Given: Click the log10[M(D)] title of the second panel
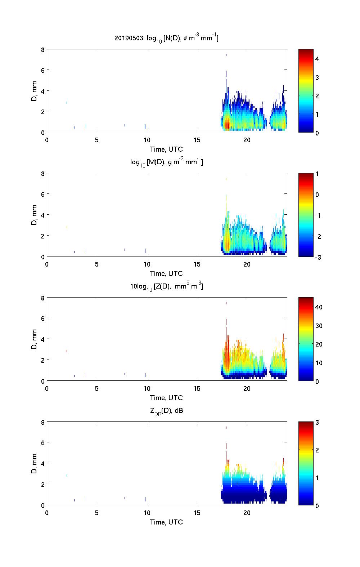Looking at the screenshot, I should click(x=166, y=162).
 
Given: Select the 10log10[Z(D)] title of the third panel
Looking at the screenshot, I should click(x=166, y=286).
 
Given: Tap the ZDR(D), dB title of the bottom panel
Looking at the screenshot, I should click(x=166, y=411).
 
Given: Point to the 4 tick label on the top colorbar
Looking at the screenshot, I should click(x=317, y=59).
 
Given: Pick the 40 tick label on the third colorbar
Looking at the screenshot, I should click(x=319, y=307).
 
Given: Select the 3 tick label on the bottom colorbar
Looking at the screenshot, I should click(x=317, y=423).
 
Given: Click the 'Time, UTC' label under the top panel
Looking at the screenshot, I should click(x=166, y=149).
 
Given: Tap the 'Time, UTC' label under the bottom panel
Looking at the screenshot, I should click(x=166, y=522).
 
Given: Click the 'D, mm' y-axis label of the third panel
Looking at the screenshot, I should click(x=35, y=339).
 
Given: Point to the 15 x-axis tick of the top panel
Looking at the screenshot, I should click(x=197, y=140).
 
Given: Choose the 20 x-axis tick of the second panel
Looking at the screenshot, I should click(x=247, y=264).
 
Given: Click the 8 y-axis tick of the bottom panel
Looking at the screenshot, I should click(x=42, y=422).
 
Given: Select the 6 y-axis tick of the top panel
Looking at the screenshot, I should click(x=42, y=70).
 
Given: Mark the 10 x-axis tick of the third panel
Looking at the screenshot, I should click(x=147, y=389).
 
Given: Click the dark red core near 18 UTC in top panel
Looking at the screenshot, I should click(x=227, y=125).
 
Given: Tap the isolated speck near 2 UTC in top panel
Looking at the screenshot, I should click(x=67, y=103).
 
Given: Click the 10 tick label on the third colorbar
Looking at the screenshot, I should click(x=319, y=363).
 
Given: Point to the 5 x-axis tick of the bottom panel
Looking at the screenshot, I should click(x=97, y=513).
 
